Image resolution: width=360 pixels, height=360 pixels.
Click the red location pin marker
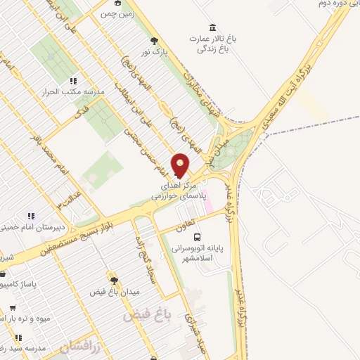[x=181, y=165]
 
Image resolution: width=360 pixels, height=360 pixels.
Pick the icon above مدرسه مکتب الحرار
[x=73, y=81]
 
